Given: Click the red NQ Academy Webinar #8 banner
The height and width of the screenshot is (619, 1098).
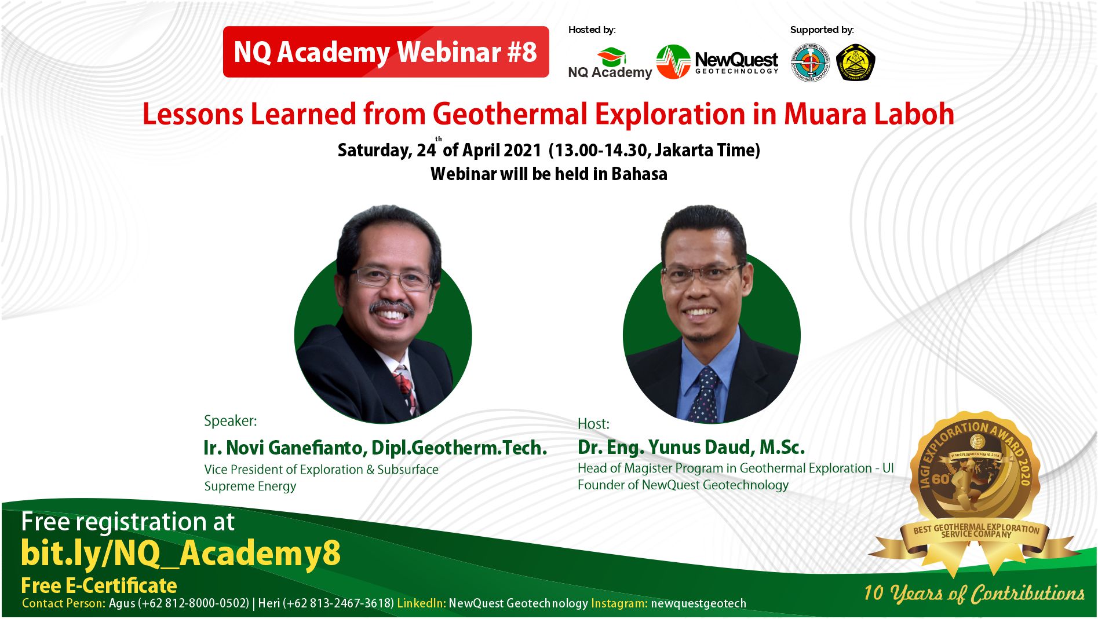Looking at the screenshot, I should [386, 52].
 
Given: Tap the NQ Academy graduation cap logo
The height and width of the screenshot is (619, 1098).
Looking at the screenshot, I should [612, 57].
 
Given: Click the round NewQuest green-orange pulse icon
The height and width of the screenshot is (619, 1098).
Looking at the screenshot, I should [673, 62].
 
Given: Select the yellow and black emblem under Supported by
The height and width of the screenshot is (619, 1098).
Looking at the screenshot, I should [856, 63].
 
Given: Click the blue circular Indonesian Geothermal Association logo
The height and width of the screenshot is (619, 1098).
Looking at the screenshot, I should [810, 63].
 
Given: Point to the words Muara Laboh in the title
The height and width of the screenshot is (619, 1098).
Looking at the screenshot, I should [869, 114].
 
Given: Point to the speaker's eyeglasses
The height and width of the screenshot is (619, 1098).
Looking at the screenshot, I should [392, 279].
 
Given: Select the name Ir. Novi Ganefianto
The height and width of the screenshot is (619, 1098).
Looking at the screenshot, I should [284, 448].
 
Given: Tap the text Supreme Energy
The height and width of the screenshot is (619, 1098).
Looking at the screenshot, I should [250, 486].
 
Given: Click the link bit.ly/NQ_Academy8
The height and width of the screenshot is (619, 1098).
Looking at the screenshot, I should [181, 554].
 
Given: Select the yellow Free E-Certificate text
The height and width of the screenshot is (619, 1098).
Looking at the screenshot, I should [99, 585].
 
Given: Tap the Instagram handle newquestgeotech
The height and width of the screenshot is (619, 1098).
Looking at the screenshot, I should [698, 603].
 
